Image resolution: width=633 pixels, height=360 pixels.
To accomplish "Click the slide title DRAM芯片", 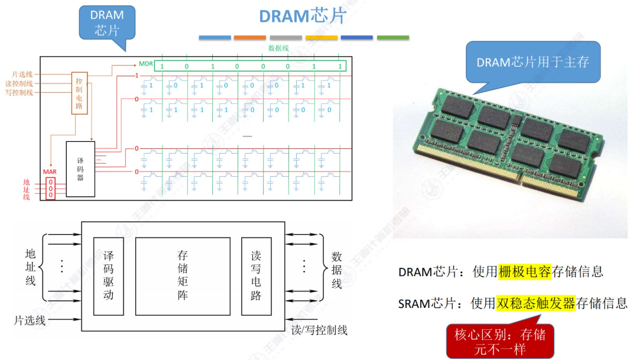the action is [x=302, y=16].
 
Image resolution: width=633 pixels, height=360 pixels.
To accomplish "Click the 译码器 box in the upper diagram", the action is [x=80, y=169].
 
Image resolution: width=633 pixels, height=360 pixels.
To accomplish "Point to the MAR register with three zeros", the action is [x=51, y=188].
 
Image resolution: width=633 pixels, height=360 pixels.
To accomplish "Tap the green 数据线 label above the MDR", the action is [x=278, y=48].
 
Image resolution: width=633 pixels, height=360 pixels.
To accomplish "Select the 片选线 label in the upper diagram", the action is [x=23, y=74].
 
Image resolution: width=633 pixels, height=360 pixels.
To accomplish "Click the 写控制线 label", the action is [x=20, y=92].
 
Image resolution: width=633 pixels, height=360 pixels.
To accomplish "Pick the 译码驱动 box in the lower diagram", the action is [x=108, y=275].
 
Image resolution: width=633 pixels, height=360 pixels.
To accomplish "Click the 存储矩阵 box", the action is [x=183, y=275].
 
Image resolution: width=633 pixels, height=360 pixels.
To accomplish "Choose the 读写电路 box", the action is [x=256, y=275].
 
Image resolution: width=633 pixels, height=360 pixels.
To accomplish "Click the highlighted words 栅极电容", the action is [x=524, y=271].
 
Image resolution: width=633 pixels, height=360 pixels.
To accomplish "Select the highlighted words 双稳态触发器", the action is [x=535, y=303].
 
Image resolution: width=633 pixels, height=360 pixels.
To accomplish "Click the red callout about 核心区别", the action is [x=500, y=342].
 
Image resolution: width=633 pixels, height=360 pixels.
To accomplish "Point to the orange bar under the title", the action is [x=249, y=38].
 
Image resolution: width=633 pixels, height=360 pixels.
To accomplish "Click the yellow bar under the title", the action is [x=322, y=38].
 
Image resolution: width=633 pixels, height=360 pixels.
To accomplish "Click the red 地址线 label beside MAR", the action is [x=26, y=189].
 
